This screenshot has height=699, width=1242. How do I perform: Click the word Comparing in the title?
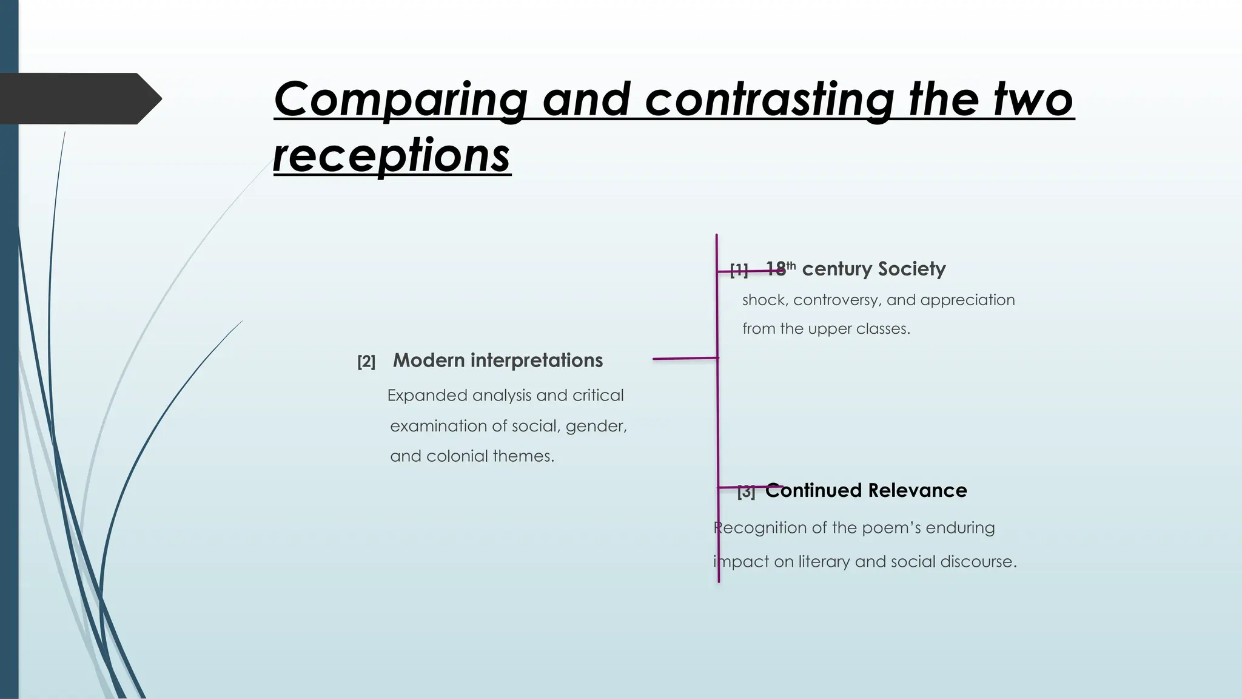401,100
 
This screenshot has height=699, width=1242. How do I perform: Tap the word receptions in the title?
392,156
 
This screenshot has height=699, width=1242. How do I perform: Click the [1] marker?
739,270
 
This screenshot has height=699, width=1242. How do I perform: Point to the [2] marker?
366,362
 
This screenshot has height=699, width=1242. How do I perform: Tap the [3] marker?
746,492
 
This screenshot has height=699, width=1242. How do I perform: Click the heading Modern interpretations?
497,360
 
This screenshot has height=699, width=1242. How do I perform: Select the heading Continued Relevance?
865,490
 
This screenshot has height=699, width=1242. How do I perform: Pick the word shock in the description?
765,300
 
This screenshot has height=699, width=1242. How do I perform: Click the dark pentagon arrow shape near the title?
79,98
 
